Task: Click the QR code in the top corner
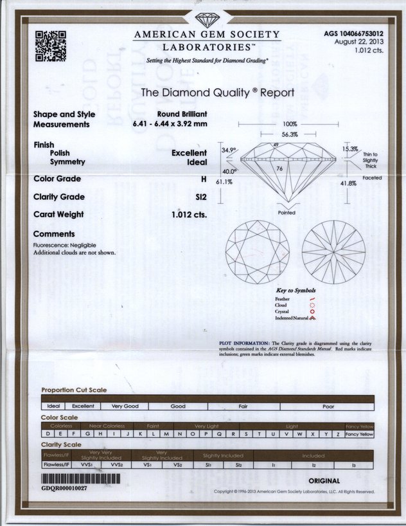tap(51, 46)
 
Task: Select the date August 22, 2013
tap(359, 42)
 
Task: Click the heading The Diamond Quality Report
tap(217, 93)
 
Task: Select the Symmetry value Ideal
tap(196, 163)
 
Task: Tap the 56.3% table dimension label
tap(289, 135)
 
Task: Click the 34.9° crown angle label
tap(229, 150)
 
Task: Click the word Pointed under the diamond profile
tap(287, 212)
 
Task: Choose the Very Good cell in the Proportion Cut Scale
tap(125, 406)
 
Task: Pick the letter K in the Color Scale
tap(136, 434)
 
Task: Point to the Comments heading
tap(54, 234)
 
